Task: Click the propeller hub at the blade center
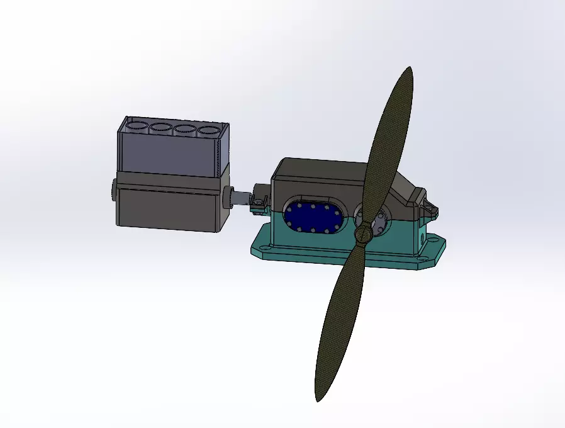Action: [363, 234]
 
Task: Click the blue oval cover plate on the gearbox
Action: [313, 218]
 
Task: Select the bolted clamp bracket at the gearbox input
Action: [259, 202]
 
